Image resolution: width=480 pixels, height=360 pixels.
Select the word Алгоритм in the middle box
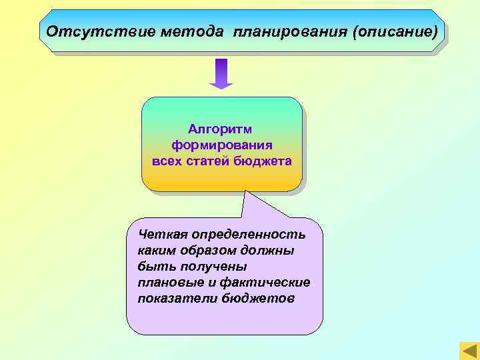[221, 128]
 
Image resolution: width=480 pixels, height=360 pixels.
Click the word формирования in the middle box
[221, 145]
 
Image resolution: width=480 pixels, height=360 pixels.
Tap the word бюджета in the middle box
[265, 161]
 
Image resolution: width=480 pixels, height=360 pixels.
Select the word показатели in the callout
[170, 298]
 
